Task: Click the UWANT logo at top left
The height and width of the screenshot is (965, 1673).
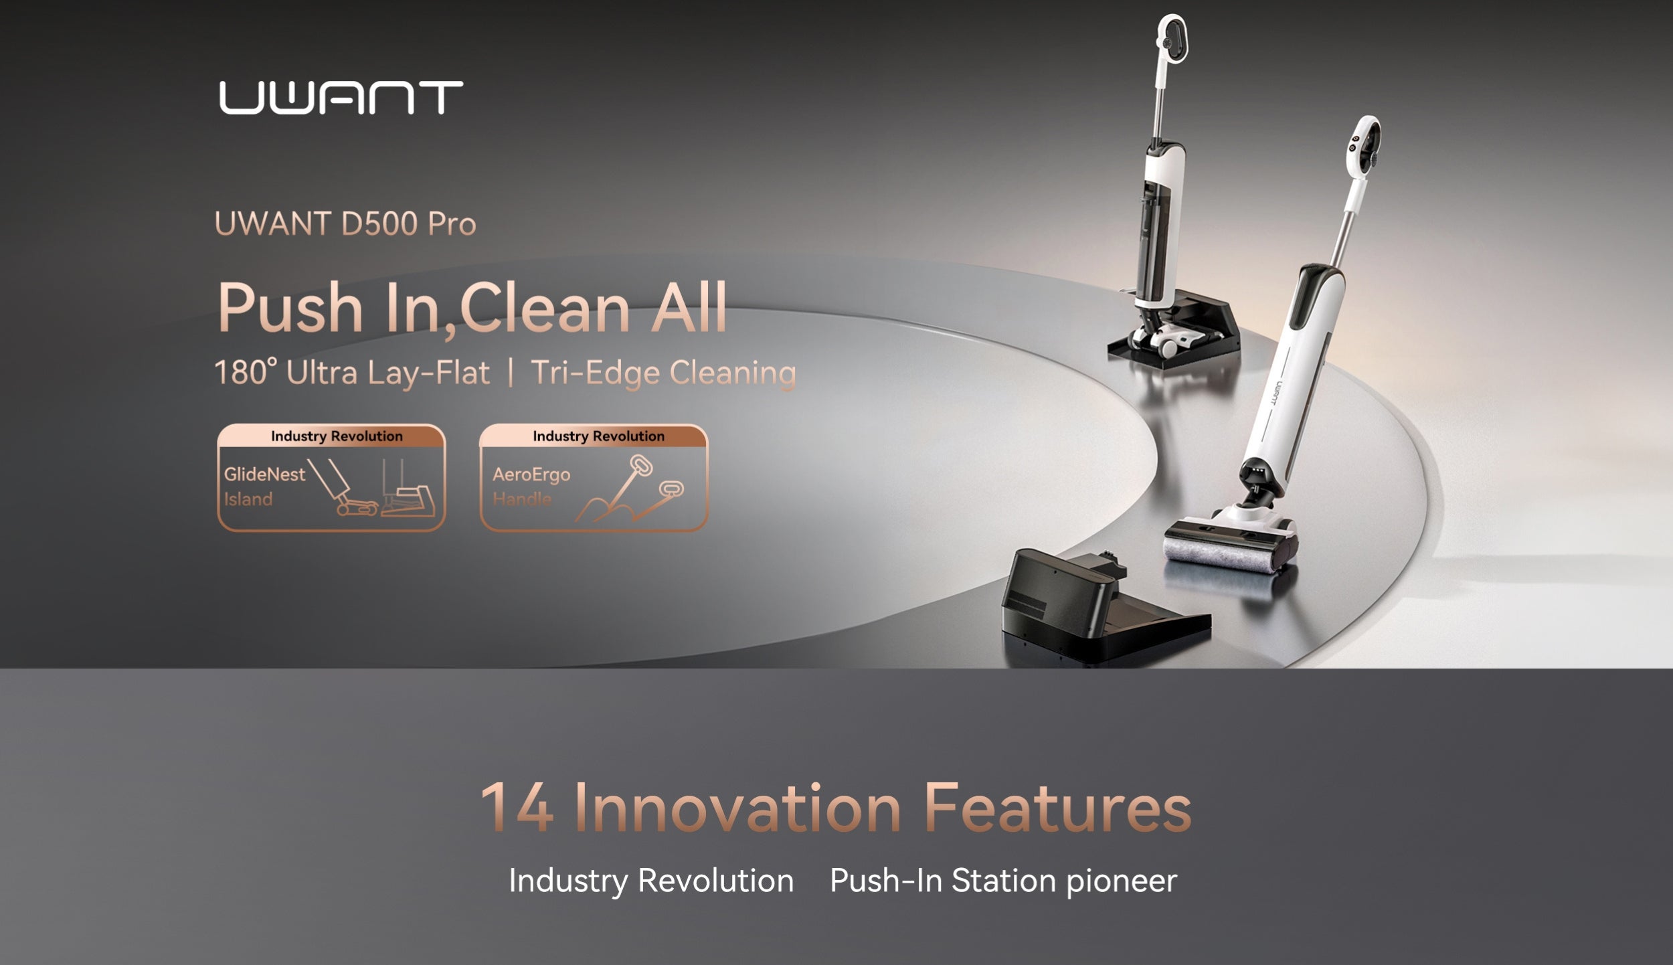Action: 341,98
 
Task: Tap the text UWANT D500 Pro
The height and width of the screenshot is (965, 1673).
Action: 345,224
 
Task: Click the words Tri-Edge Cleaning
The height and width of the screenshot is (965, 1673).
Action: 663,373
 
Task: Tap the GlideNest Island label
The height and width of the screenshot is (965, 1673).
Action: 264,487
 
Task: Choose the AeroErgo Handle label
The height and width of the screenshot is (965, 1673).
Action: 531,487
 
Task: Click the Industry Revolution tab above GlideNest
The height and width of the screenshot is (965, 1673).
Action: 337,436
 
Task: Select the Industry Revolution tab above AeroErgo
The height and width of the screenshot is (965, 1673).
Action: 599,436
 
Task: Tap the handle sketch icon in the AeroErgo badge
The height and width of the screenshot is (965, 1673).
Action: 630,489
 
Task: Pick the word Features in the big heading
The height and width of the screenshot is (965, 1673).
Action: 1057,807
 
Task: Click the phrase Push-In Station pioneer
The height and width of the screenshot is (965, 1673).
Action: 1003,881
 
